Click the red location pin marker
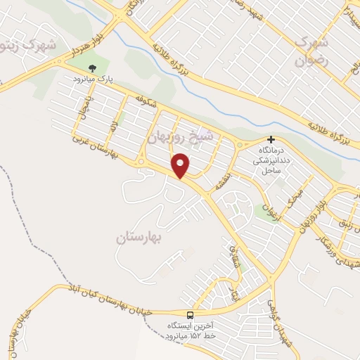(181, 165)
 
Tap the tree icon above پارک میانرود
(92, 68)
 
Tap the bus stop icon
(190, 314)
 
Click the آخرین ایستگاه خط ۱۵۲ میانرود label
(190, 330)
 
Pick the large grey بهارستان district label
(139, 238)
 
